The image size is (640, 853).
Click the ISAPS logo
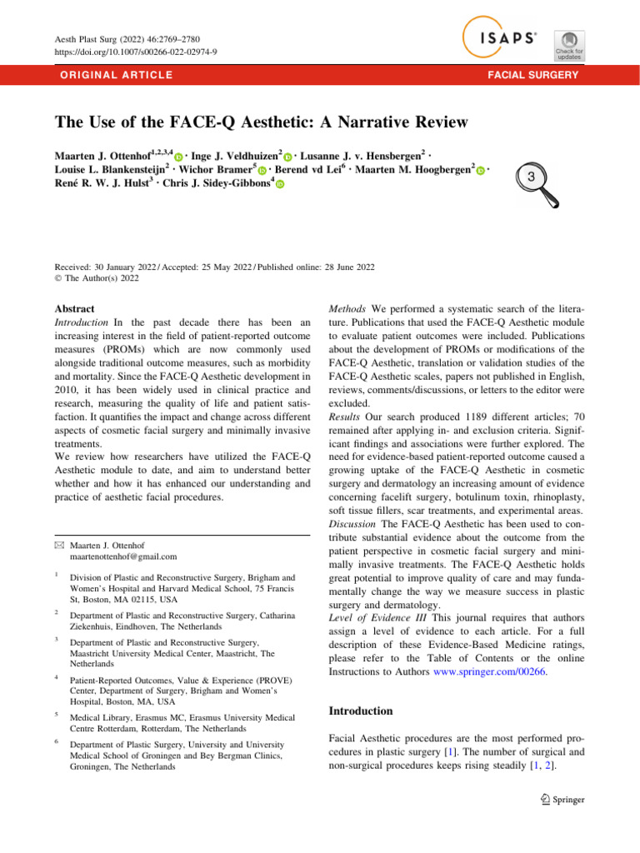pos(499,37)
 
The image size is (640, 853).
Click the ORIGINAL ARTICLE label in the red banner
pos(112,76)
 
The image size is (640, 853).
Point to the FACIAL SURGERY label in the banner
pos(536,76)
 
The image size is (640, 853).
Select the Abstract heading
pos(74,308)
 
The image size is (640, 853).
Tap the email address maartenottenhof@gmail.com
pos(124,556)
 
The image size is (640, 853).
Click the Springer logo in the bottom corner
pos(562,799)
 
